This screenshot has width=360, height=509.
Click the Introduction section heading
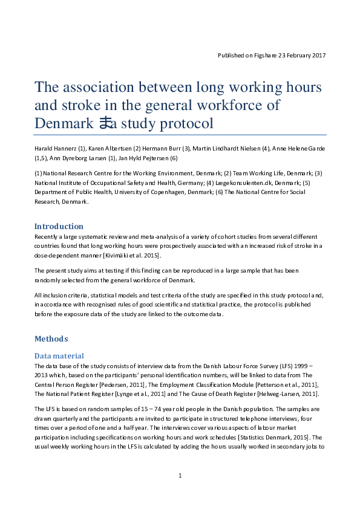click(59, 226)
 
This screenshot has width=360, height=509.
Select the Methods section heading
click(51, 339)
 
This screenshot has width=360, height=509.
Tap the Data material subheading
click(59, 356)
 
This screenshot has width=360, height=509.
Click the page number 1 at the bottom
click(180, 476)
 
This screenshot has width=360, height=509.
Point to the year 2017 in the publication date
click(318, 55)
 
